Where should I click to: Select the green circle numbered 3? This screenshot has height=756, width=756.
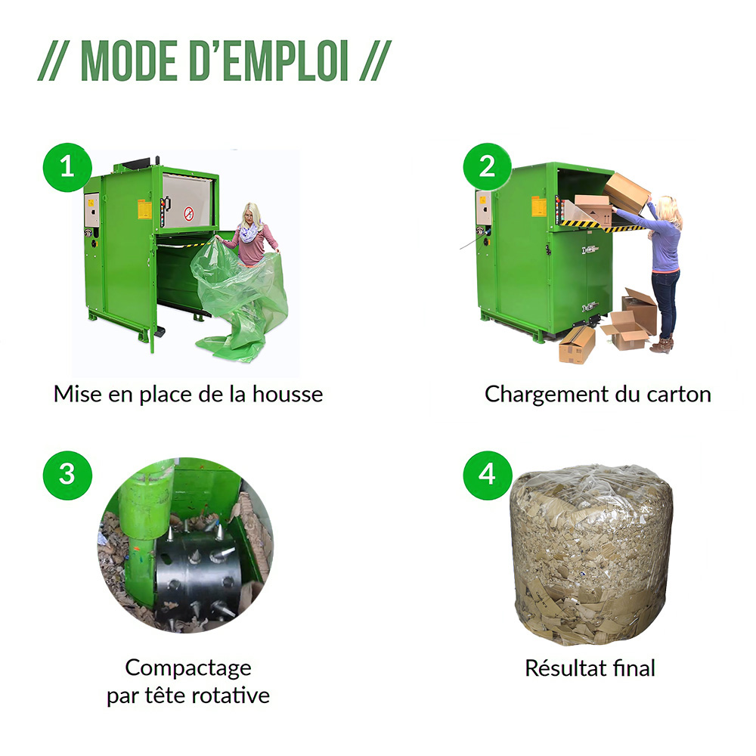[67, 474]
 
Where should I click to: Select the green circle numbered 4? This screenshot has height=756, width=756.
[488, 474]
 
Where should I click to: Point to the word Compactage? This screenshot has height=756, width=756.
[187, 668]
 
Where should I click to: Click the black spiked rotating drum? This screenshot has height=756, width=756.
[198, 578]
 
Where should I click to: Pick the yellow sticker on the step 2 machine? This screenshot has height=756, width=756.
[538, 206]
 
